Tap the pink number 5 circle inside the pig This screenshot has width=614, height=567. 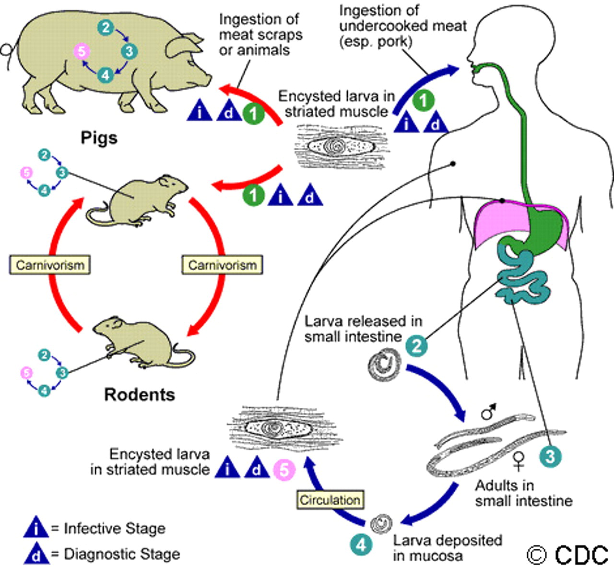tap(82, 51)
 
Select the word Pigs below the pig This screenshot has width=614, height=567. tap(99, 138)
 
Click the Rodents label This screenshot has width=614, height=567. tap(140, 395)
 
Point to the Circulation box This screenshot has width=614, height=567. tap(330, 500)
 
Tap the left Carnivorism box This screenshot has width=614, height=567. tap(50, 265)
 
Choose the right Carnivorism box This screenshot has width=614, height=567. tap(222, 265)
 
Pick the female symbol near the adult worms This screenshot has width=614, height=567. tap(518, 461)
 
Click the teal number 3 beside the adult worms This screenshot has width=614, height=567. tap(550, 457)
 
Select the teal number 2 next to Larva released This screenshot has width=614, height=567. tap(416, 346)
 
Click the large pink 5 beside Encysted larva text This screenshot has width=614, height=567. tap(284, 470)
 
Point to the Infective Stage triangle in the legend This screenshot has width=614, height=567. tap(36, 527)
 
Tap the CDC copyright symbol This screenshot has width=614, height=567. tap(537, 555)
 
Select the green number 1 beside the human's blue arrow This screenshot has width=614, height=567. tap(423, 100)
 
